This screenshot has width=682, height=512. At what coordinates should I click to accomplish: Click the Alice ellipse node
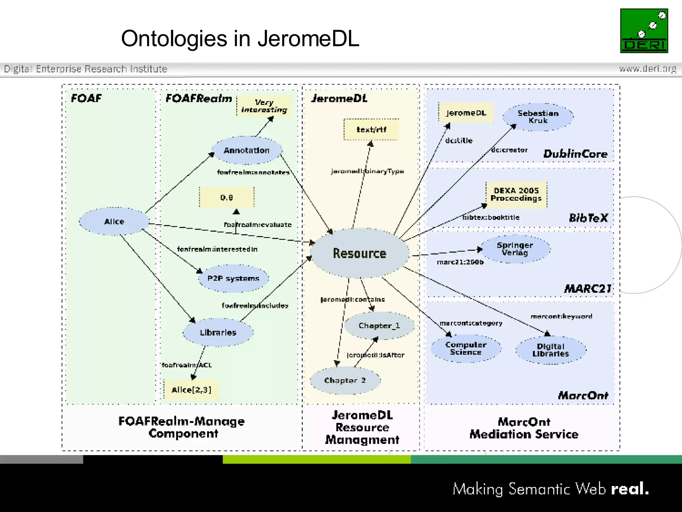click(x=114, y=221)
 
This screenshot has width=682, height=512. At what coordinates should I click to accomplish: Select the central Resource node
click(x=360, y=253)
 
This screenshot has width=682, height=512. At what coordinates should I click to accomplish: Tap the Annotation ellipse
click(x=247, y=150)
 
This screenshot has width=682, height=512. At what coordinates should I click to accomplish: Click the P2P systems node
click(x=233, y=278)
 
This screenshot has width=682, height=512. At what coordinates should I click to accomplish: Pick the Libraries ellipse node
click(x=218, y=332)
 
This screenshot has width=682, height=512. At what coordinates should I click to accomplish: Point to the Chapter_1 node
click(x=379, y=326)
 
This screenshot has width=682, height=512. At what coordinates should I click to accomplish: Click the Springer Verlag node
click(x=515, y=249)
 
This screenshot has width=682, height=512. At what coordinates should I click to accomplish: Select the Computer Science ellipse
click(x=466, y=348)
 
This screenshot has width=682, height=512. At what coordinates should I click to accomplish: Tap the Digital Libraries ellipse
click(x=551, y=350)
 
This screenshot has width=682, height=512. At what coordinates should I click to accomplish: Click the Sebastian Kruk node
click(x=538, y=117)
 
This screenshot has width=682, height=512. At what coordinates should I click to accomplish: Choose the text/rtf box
click(x=371, y=130)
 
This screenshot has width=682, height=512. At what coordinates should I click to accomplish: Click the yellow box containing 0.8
click(x=226, y=197)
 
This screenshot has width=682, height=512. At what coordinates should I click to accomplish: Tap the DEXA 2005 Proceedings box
click(x=516, y=195)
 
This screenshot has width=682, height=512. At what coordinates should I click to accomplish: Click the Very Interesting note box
click(x=264, y=106)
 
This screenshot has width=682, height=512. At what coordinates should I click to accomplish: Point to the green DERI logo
click(x=644, y=31)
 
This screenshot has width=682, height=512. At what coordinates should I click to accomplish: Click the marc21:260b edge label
click(x=460, y=262)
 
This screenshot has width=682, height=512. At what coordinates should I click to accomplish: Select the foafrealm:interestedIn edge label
click(x=217, y=249)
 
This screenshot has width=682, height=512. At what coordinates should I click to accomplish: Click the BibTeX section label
click(x=588, y=218)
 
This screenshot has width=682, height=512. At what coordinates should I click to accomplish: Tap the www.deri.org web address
click(x=648, y=69)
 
